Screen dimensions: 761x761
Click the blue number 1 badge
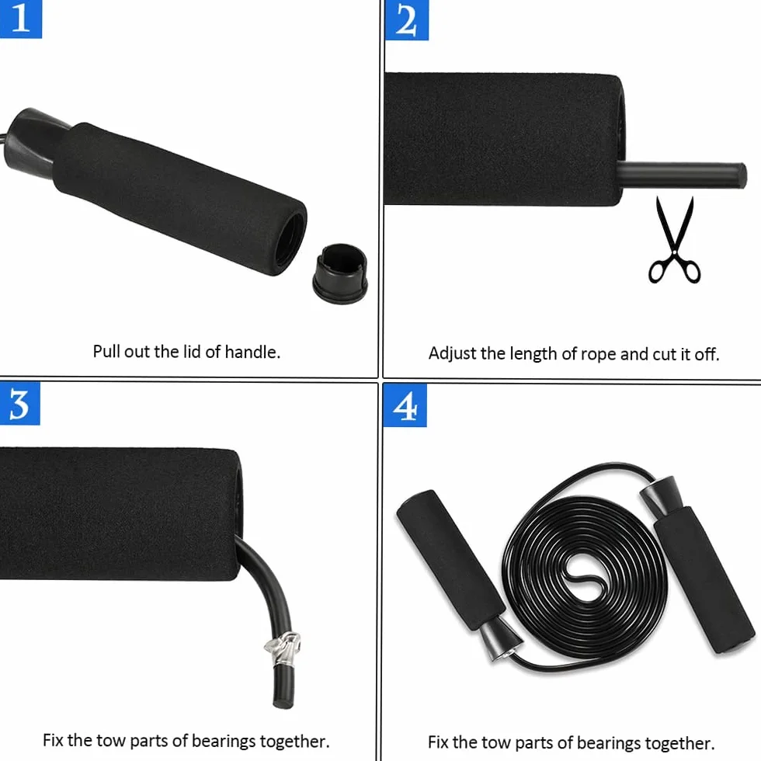21,19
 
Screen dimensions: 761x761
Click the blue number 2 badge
406,20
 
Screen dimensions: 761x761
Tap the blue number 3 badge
20,403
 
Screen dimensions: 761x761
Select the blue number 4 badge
405,405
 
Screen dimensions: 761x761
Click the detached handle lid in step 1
340,273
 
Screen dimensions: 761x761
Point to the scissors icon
675,240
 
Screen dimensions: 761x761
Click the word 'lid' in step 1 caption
192,351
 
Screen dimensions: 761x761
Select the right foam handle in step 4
704,580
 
